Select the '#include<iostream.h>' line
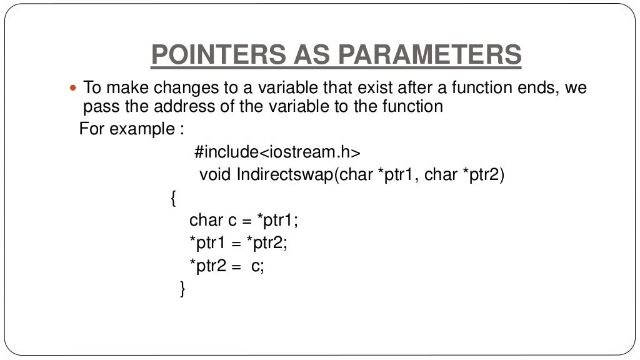277,152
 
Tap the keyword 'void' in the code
215,175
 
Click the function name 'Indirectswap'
284,175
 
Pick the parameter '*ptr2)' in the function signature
483,175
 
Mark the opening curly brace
173,199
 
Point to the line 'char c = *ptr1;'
239,221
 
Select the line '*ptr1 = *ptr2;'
239,243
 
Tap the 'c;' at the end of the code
258,266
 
